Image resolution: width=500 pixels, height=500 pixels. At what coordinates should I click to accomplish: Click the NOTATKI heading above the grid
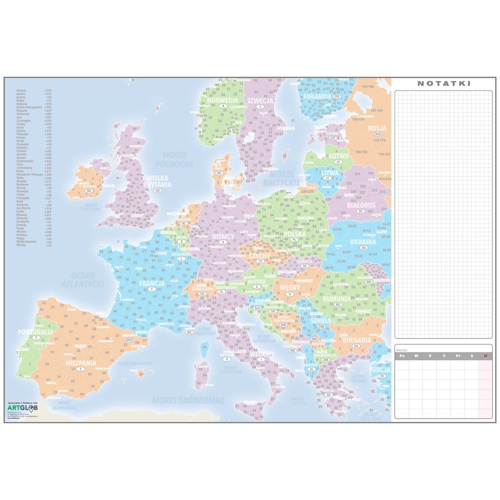tap(444, 83)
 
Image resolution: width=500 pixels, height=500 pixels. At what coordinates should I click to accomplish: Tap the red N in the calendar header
tap(485, 356)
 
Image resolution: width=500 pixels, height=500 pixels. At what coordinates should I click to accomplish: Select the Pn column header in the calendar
tap(402, 356)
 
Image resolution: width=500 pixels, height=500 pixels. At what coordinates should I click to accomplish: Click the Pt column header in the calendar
tap(458, 356)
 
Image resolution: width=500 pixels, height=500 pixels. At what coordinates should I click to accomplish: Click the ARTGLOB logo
tap(23, 407)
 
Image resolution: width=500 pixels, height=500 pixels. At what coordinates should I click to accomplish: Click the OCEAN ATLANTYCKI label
tap(83, 280)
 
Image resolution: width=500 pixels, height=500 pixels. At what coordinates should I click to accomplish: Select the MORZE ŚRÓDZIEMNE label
tap(188, 400)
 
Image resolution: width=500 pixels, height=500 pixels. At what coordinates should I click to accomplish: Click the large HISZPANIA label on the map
tap(81, 363)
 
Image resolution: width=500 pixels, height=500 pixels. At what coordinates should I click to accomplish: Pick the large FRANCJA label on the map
tap(152, 283)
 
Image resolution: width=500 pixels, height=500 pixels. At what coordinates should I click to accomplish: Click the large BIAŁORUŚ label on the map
tap(361, 205)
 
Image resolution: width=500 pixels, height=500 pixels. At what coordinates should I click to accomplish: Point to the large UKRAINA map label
tap(363, 242)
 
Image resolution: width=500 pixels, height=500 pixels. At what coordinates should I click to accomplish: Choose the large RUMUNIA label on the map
tap(337, 299)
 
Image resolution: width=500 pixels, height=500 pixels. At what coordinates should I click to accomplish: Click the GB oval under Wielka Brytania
tap(157, 190)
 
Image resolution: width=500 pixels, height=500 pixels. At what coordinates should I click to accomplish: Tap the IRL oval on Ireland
tap(88, 190)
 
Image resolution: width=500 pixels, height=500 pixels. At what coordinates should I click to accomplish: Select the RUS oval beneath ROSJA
tap(378, 134)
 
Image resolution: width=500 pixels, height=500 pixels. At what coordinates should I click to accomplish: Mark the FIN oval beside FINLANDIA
tap(337, 96)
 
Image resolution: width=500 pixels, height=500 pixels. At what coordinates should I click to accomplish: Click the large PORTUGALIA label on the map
tap(35, 332)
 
